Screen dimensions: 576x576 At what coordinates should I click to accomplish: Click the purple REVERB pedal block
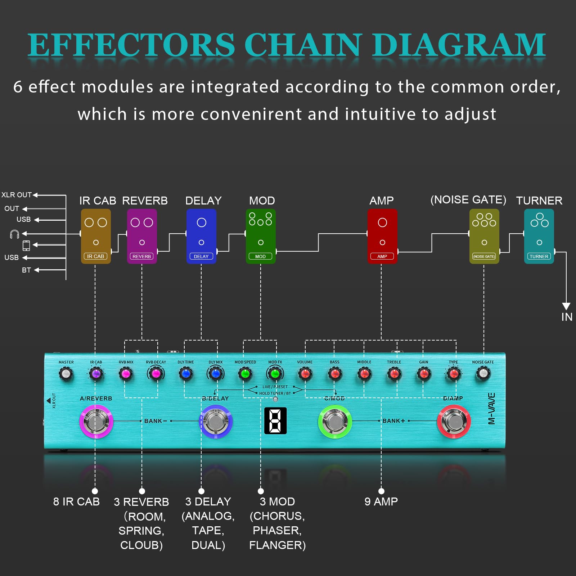coord(142,236)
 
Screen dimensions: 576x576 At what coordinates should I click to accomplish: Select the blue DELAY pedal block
coord(201,236)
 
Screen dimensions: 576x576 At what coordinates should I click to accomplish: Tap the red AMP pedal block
coord(382,236)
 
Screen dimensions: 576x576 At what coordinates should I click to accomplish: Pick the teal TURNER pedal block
coord(539,236)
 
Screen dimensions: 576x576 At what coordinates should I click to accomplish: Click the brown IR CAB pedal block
coord(96,236)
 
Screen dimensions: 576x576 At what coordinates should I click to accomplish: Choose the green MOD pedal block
coord(261,236)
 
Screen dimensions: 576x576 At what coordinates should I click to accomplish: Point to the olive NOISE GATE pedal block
coord(484,236)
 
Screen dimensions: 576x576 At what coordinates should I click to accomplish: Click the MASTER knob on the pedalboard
coord(66,374)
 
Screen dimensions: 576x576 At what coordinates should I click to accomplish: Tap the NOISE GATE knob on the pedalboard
coord(483,374)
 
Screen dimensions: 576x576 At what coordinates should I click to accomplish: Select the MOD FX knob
coord(275,374)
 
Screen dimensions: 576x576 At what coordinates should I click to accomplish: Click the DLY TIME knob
coord(186,374)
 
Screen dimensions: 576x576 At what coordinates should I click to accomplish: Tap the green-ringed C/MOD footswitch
coord(335,421)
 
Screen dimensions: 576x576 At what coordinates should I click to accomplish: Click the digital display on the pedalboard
coord(275,420)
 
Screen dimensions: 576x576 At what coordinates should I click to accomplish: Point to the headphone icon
coord(15,234)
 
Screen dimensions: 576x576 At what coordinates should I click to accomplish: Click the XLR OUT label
coord(17,195)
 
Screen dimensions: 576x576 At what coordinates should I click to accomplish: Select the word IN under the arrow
coord(567,317)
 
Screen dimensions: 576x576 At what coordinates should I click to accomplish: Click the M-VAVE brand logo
coord(491,409)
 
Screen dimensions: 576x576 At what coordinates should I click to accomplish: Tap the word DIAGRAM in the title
coord(459,45)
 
